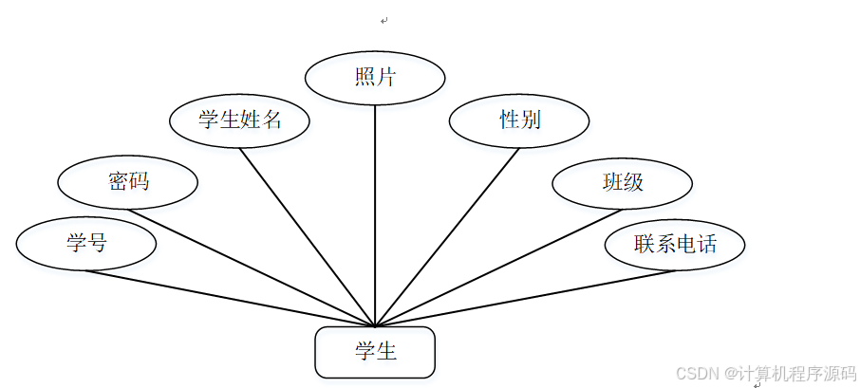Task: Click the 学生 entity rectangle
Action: click(375, 352)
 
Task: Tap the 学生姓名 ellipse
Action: click(239, 120)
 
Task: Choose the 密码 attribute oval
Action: click(128, 181)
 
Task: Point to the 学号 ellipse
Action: click(86, 243)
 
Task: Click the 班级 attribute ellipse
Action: click(623, 182)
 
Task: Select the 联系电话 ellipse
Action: click(675, 244)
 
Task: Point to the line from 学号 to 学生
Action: click(228, 298)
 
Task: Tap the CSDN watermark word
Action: click(694, 373)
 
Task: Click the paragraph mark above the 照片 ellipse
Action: click(383, 20)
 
